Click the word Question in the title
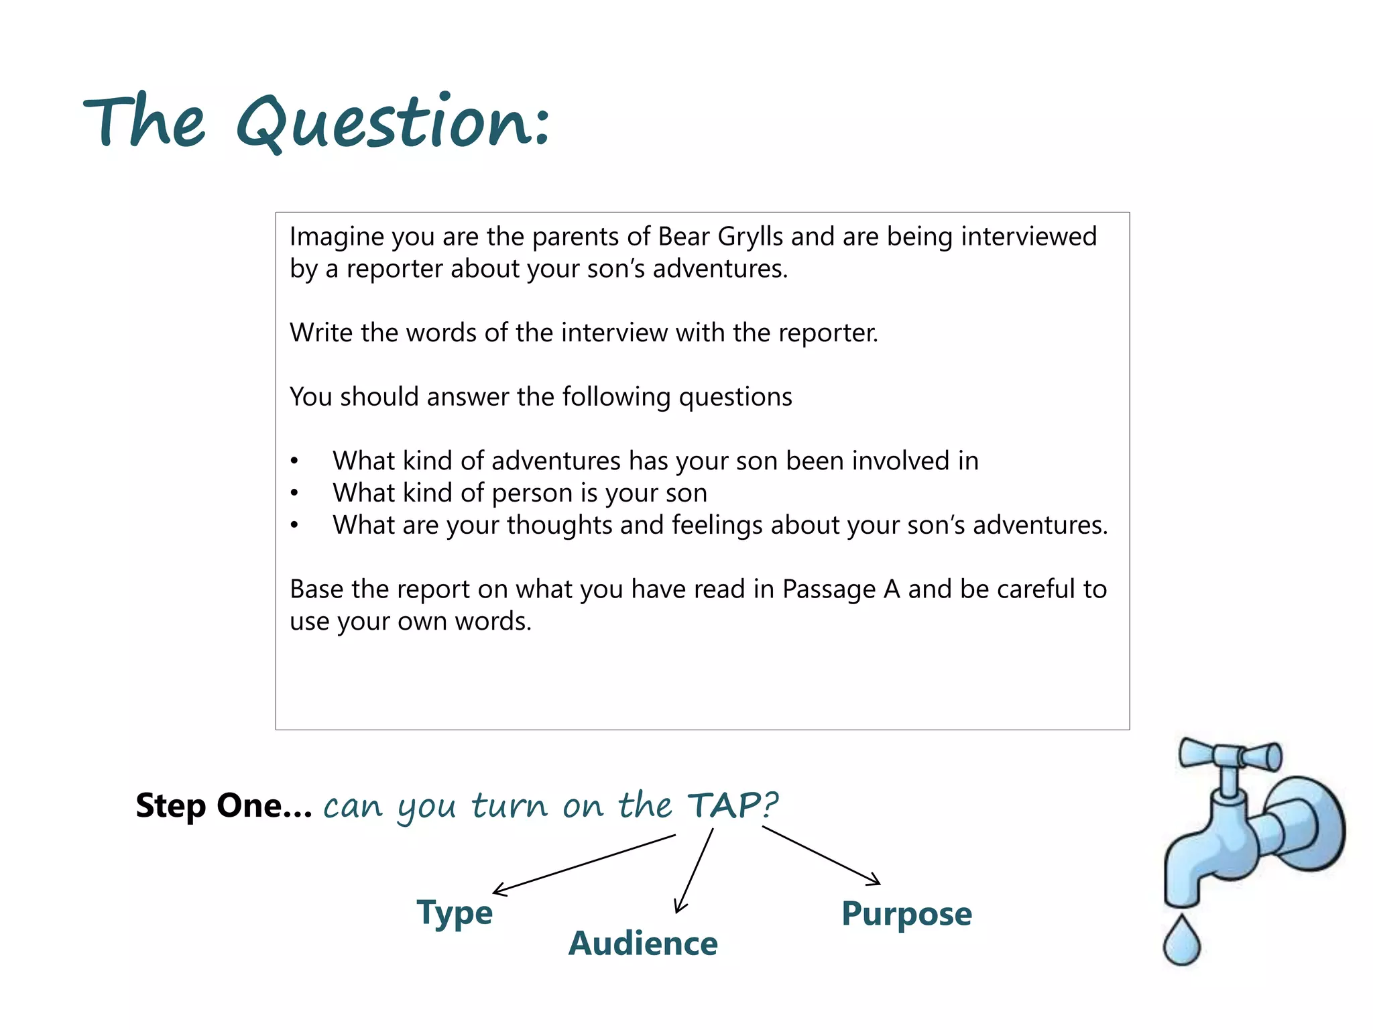pyautogui.click(x=392, y=123)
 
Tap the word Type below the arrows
pyautogui.click(x=455, y=913)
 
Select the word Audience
pyautogui.click(x=643, y=943)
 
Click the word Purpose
pyautogui.click(x=906, y=913)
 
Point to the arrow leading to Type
pyautogui.click(x=583, y=864)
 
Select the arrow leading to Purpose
pyautogui.click(x=821, y=855)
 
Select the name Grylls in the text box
pyautogui.click(x=750, y=237)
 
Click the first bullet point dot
pyautogui.click(x=294, y=461)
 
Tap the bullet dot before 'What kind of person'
pyautogui.click(x=294, y=494)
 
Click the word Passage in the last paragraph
pyautogui.click(x=829, y=590)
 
